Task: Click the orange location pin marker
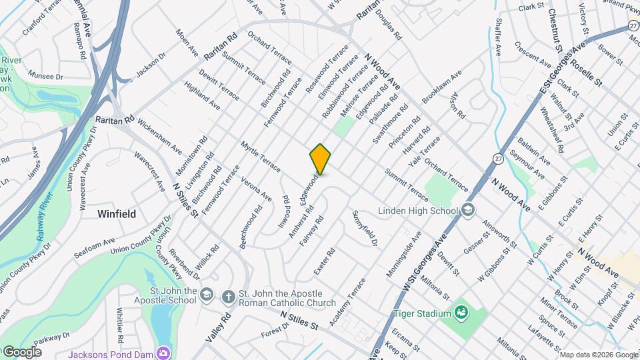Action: [x=321, y=159]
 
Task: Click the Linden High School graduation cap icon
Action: [x=468, y=211]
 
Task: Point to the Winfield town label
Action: [x=117, y=214]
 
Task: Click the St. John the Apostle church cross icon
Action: [x=228, y=296]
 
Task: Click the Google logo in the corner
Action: [x=21, y=352]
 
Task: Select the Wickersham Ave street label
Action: [x=159, y=136]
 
